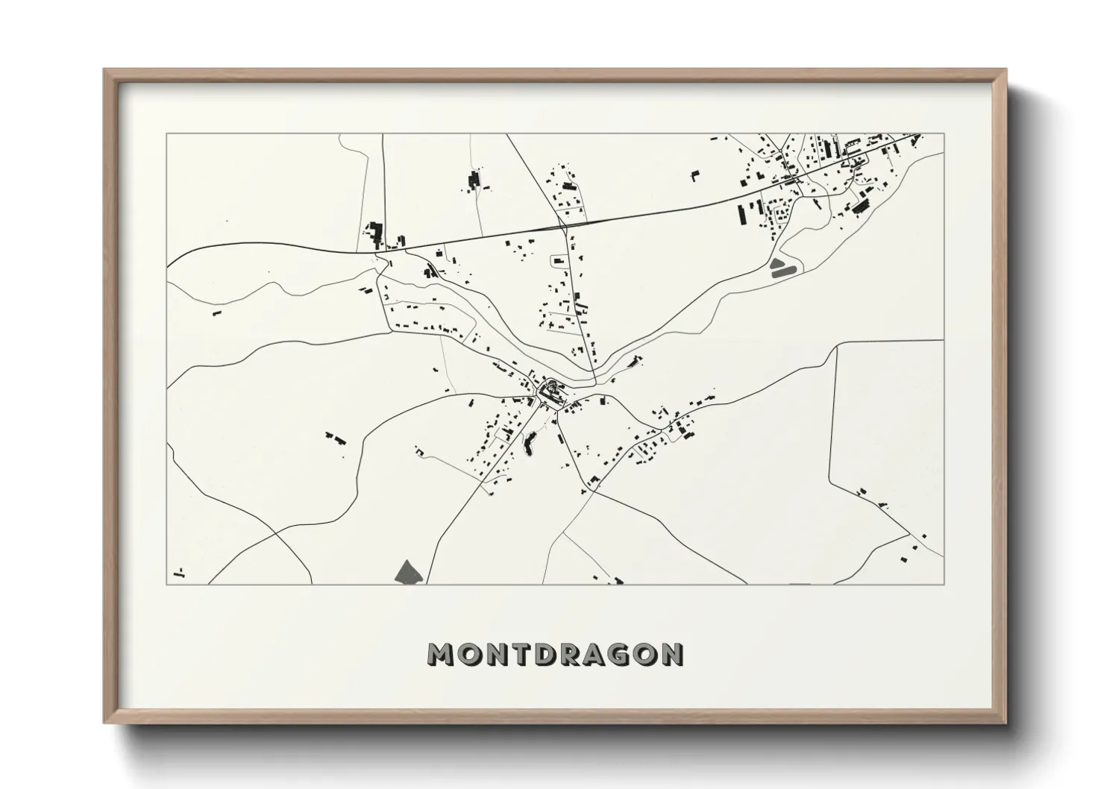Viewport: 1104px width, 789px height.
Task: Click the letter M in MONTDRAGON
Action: (442, 654)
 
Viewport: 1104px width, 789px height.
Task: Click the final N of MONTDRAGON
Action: (671, 654)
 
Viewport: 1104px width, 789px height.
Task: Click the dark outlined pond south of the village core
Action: (530, 444)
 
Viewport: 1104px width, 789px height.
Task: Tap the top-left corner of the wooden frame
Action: (104, 70)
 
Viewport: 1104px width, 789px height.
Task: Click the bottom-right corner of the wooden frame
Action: (1006, 723)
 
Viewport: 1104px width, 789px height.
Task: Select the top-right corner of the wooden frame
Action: (1006, 70)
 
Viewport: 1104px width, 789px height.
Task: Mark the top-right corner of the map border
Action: (944, 133)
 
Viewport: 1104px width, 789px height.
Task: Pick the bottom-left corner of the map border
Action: (166, 584)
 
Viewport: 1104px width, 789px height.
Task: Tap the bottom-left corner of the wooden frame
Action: (104, 723)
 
